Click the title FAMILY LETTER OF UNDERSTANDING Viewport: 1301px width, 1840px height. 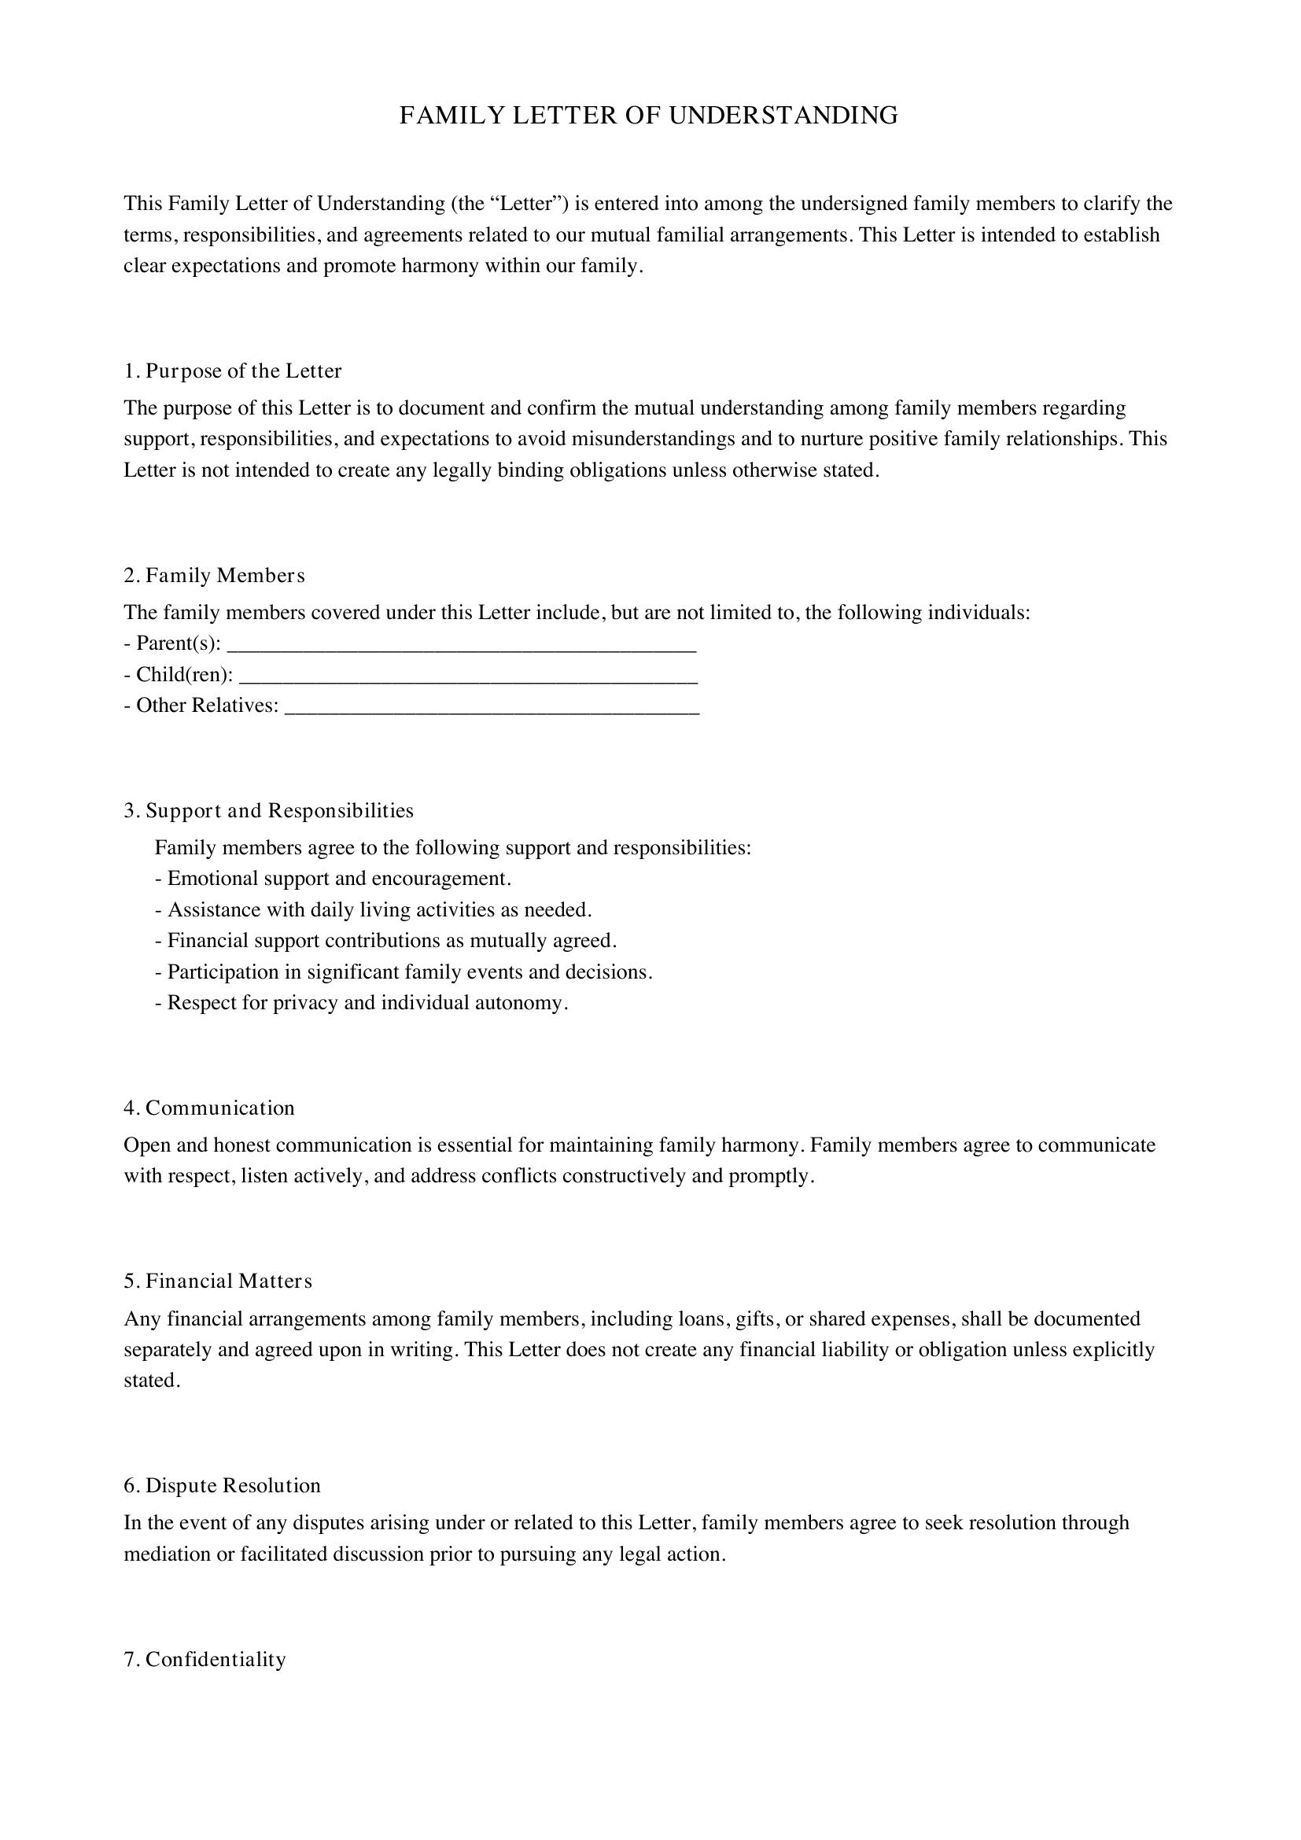pyautogui.click(x=649, y=116)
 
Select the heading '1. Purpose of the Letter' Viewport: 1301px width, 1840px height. pyautogui.click(x=232, y=371)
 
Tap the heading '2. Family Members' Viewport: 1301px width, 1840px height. pyautogui.click(x=214, y=575)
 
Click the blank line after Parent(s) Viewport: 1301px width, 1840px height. pyautogui.click(x=462, y=646)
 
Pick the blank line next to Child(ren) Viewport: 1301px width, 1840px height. pyautogui.click(x=468, y=677)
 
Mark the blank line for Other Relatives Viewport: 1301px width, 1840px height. pyautogui.click(x=492, y=708)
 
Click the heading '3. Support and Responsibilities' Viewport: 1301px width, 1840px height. pyautogui.click(x=268, y=810)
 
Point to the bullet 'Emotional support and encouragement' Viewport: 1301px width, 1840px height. pyautogui.click(x=333, y=879)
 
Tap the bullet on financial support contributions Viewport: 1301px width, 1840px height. pyautogui.click(x=385, y=940)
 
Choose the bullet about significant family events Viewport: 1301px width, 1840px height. pyautogui.click(x=403, y=972)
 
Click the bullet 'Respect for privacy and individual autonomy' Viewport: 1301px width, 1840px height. pyautogui.click(x=361, y=1002)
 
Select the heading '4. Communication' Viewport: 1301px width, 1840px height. pyautogui.click(x=209, y=1108)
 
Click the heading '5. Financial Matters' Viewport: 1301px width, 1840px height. pyautogui.click(x=218, y=1281)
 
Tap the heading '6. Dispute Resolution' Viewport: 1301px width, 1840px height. pyautogui.click(x=222, y=1485)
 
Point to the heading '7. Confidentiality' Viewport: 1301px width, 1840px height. pyautogui.click(x=205, y=1659)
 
